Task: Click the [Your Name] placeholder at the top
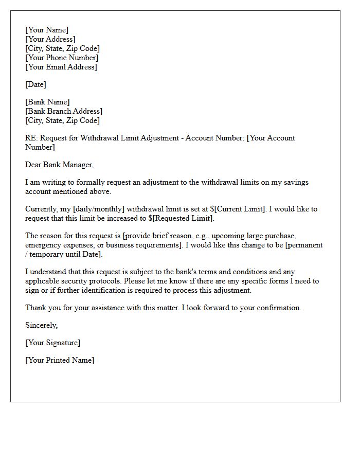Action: tap(47, 30)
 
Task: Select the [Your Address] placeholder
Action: tap(50, 39)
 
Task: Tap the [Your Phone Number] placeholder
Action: tap(62, 58)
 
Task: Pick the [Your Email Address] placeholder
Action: tap(61, 67)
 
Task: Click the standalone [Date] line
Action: tap(35, 84)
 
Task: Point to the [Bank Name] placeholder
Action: tap(47, 102)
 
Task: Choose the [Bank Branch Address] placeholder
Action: tap(64, 111)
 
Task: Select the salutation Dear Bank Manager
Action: tap(60, 165)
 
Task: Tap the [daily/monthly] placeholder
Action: tap(94, 209)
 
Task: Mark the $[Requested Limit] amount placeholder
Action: tap(177, 218)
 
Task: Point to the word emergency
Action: tap(43, 245)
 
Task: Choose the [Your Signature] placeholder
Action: tap(52, 343)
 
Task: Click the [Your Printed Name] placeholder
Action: tap(60, 360)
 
